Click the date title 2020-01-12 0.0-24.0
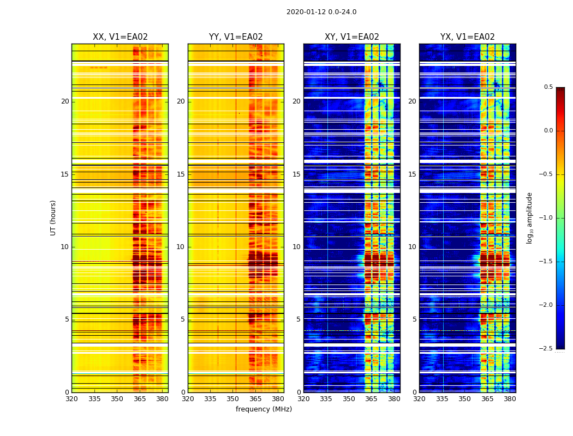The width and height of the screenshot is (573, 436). click(x=321, y=12)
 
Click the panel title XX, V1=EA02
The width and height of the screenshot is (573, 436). click(x=120, y=37)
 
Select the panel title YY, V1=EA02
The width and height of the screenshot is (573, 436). click(x=236, y=37)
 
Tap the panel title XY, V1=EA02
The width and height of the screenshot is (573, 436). click(x=352, y=37)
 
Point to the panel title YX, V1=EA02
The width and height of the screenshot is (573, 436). click(x=468, y=37)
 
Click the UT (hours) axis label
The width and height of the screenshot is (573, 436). click(x=53, y=217)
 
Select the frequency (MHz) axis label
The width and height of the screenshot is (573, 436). click(x=264, y=409)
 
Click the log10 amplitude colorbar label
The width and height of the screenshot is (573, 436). click(x=529, y=217)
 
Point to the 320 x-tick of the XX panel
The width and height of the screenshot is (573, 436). click(x=71, y=399)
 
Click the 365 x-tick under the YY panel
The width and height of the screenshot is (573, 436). click(x=255, y=399)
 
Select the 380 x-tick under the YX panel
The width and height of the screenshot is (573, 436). click(x=510, y=399)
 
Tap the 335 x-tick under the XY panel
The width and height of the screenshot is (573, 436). click(x=326, y=399)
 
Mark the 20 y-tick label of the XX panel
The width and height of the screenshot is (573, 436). click(x=65, y=101)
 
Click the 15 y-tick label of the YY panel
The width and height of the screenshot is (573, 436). click(x=181, y=174)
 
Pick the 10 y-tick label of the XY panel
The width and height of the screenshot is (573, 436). click(x=296, y=247)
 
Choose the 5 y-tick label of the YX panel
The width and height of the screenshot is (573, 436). click(x=414, y=319)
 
